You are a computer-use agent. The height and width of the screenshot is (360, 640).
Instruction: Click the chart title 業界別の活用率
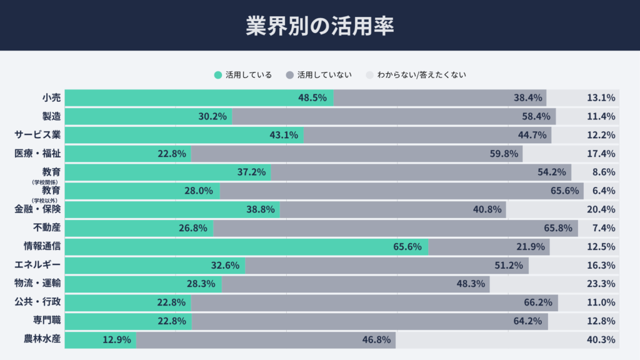pos(319,25)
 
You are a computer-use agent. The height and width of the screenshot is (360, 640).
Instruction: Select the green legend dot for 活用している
pos(217,75)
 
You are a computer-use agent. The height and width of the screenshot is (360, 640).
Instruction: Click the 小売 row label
pos(52,97)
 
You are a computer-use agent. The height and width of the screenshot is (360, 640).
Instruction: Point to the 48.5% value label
pos(312,97)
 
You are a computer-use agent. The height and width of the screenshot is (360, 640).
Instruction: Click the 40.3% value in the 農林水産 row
pos(601,341)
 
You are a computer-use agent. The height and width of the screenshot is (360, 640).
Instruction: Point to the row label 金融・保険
pos(37,209)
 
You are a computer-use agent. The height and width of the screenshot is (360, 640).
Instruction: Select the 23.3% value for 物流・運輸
pos(601,284)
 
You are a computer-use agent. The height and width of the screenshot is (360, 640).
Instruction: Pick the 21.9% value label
pos(530,247)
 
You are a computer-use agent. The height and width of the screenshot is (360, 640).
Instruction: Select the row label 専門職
pos(47,321)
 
